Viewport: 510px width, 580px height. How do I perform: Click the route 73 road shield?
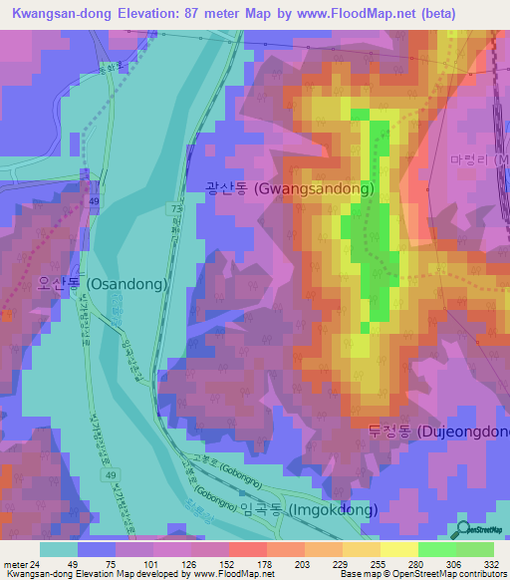pyautogui.click(x=175, y=208)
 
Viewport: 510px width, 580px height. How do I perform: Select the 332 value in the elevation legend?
pyautogui.click(x=491, y=563)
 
